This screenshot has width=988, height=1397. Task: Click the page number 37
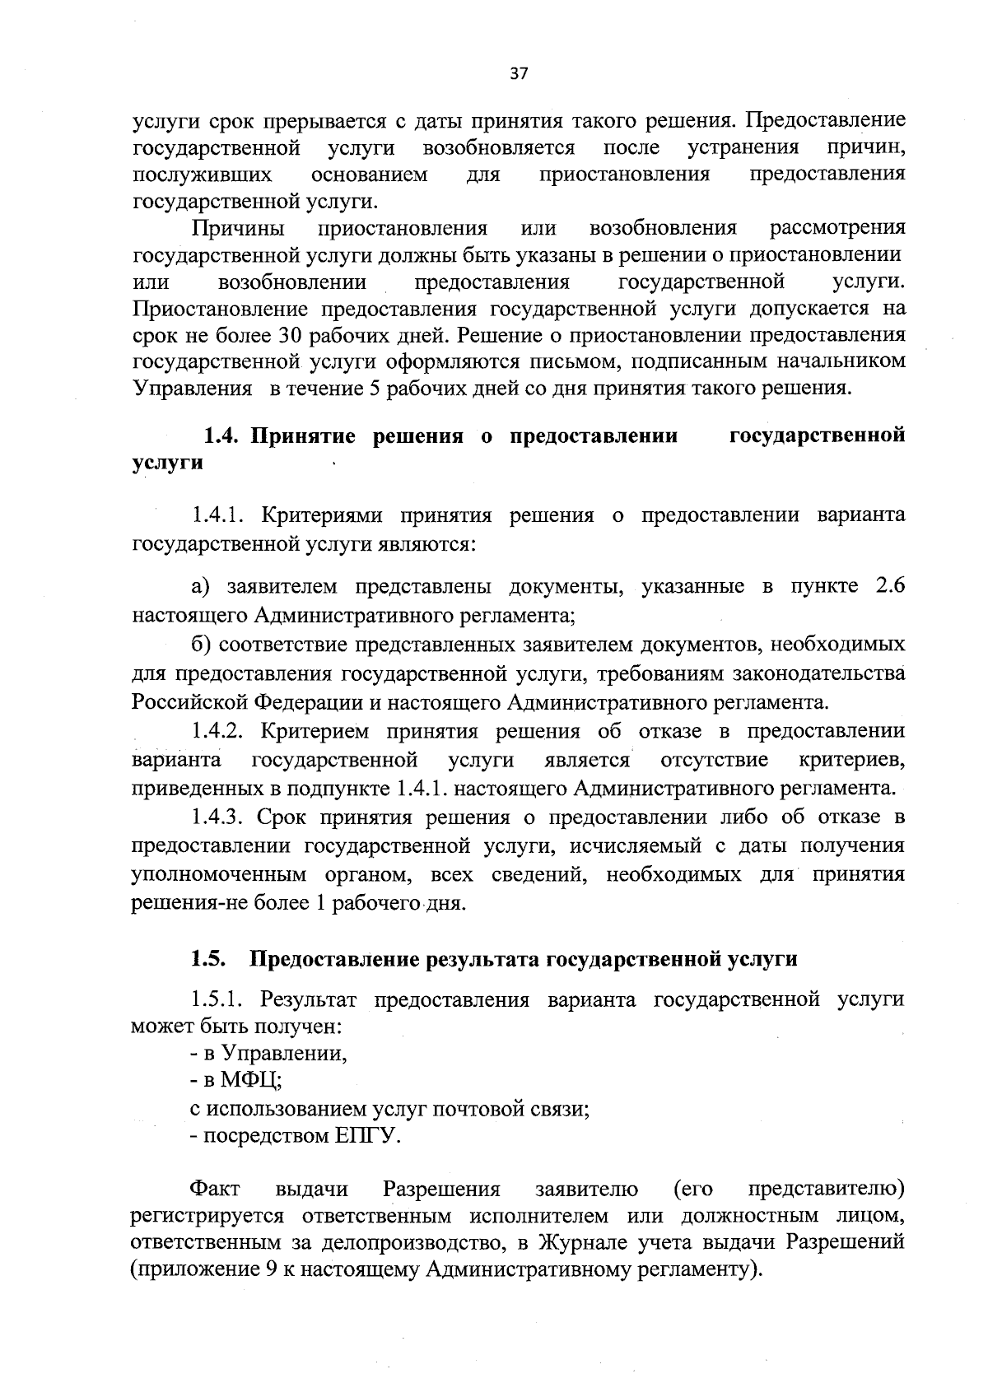coord(519,74)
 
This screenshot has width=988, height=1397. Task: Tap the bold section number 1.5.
coord(208,959)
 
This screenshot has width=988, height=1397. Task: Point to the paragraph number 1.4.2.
coord(221,731)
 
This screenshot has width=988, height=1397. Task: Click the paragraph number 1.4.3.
coord(220,817)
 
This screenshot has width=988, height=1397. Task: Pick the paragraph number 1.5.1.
coord(221,999)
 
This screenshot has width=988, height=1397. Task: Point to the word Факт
coord(215,1190)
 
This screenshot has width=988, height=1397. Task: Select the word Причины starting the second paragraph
coord(239,227)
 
